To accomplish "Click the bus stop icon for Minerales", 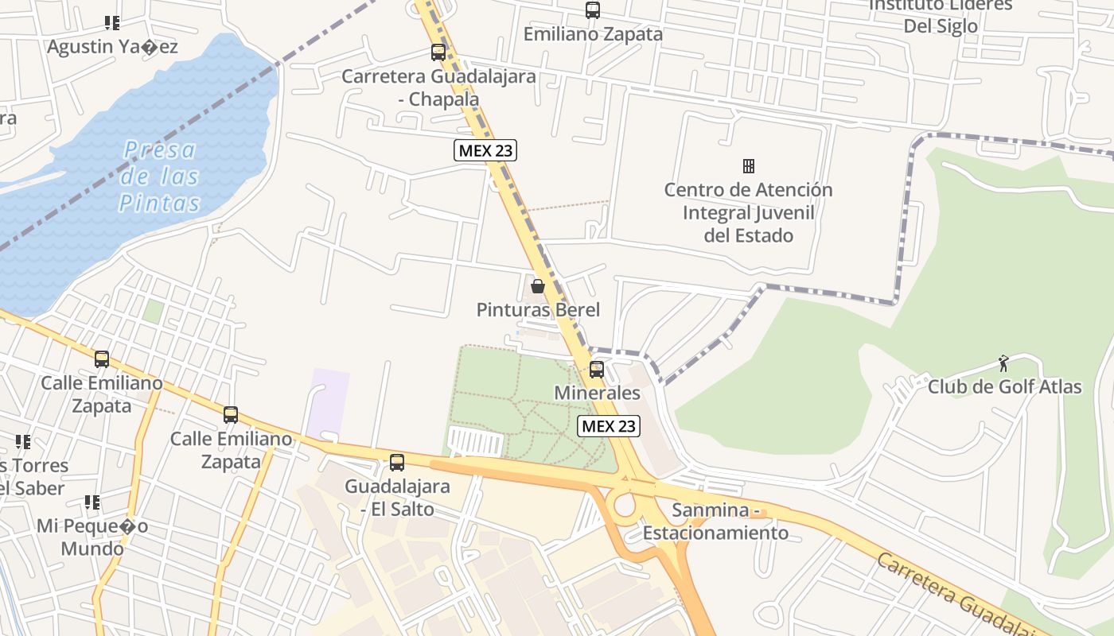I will coord(596,369).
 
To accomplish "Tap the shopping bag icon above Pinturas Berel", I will coord(538,286).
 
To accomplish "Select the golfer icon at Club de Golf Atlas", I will coord(1004,363).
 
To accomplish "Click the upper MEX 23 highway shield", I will coord(485,149).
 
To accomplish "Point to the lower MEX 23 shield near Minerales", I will coord(609,426).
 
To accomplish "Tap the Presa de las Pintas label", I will coord(160,176).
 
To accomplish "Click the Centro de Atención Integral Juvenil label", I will coord(748,212).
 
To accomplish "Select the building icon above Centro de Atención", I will coord(748,165).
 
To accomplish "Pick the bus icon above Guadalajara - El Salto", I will coord(397,462).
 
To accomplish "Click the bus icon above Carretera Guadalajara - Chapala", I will coord(438,52).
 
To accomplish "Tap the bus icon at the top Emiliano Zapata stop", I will coord(593,10).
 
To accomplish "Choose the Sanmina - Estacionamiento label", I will coord(715,522).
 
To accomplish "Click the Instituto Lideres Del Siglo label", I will coord(941,15).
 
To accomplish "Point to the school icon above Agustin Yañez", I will coord(112,23).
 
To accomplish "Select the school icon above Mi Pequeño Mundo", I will coord(92,502).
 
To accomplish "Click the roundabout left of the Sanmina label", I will coord(625,505).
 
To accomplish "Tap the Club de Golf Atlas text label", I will coord(1004,387).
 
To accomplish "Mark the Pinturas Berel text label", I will coord(538,310).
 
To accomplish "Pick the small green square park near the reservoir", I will coord(154,311).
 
